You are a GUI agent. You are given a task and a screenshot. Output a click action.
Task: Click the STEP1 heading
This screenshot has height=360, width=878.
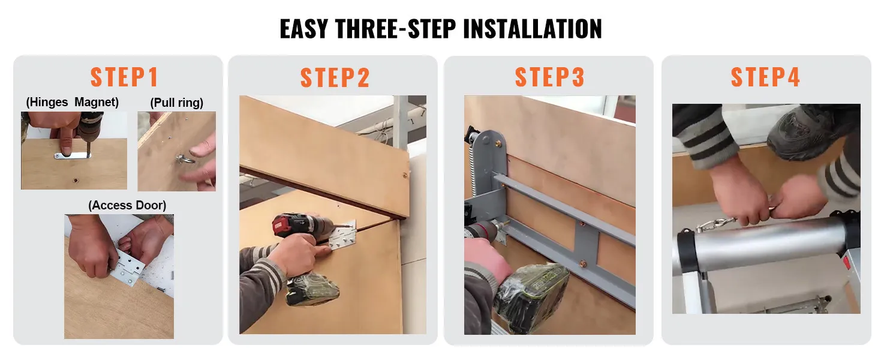124,77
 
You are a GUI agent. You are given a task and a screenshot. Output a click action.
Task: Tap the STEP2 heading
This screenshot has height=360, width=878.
335,78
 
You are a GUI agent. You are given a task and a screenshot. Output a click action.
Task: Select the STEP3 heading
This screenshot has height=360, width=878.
549,77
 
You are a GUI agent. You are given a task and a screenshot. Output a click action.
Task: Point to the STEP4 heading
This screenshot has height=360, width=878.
765,77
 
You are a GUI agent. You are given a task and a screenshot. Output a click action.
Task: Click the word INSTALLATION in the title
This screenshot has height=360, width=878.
518,29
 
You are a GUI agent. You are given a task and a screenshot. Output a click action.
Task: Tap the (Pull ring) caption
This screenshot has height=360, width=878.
176,103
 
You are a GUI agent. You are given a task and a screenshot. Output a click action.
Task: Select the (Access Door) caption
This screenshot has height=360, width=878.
127,205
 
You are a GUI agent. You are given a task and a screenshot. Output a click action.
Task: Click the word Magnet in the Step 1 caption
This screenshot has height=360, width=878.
97,102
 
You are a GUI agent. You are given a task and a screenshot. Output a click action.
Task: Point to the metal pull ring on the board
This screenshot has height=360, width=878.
181,160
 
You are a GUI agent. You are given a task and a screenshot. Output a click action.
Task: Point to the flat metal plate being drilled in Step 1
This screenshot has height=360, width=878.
72,155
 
